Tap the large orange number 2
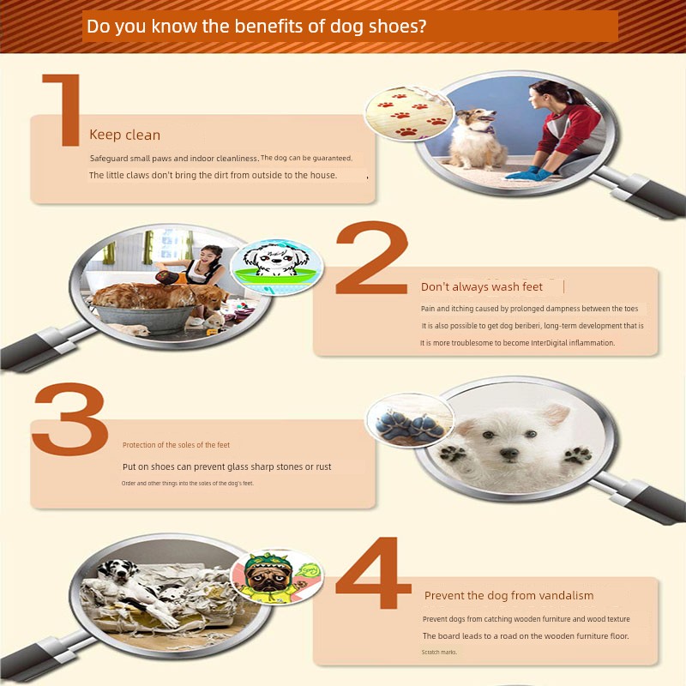(372, 258)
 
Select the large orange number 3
(71, 418)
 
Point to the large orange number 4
(373, 572)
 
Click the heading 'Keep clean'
(124, 135)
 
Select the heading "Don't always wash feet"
(482, 286)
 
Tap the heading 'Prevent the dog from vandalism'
(508, 595)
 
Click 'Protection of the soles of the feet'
(176, 445)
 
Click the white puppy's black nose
(508, 454)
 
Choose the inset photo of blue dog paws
(410, 420)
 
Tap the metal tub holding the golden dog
(144, 318)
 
